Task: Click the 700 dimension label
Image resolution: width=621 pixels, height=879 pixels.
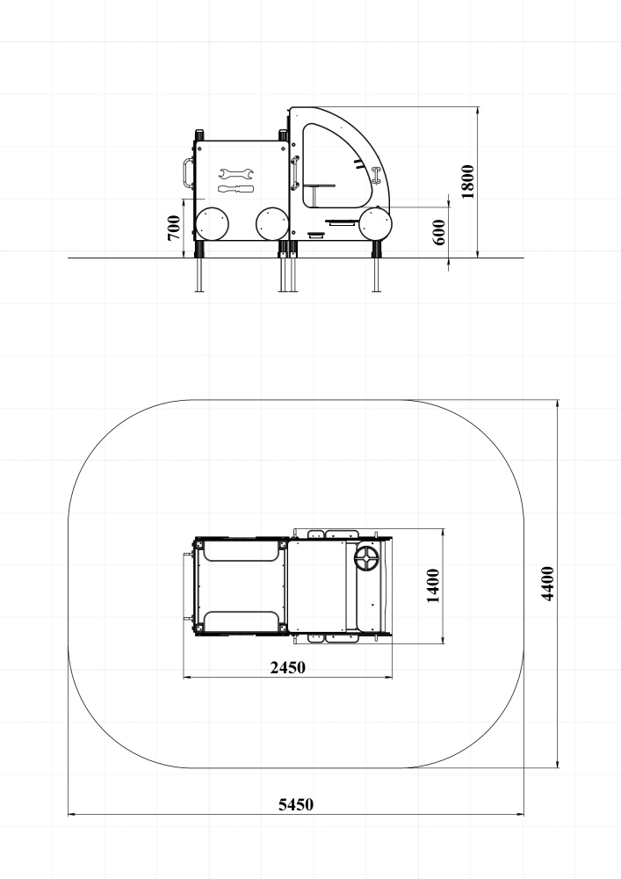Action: (174, 229)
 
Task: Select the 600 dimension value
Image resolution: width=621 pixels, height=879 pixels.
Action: (439, 232)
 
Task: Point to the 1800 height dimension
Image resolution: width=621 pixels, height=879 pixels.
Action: (467, 182)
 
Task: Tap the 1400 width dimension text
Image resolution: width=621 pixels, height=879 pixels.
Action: (433, 585)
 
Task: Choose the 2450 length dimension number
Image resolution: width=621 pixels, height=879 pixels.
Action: (288, 668)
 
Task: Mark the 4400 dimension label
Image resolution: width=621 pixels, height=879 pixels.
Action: (547, 584)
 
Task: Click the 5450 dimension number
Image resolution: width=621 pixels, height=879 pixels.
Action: (296, 804)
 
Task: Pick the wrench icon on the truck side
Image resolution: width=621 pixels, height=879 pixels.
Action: (236, 173)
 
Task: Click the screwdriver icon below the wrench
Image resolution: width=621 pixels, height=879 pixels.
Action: (235, 189)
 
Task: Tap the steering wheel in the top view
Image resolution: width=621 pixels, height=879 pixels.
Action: (367, 559)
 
